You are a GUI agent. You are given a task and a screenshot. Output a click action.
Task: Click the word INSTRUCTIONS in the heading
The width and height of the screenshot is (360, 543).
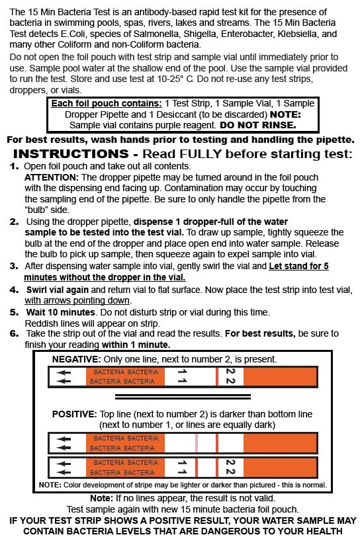click(x=71, y=153)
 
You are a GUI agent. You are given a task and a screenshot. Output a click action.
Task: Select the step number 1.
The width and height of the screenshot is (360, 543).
click(x=14, y=166)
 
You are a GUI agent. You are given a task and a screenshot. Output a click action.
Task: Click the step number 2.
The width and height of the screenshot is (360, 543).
click(x=14, y=222)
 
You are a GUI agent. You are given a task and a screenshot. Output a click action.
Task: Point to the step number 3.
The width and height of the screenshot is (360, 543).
click(x=14, y=266)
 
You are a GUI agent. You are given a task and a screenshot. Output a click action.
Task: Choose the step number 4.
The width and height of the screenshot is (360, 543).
click(x=14, y=290)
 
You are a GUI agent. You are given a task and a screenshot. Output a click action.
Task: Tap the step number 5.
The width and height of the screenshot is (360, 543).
click(x=14, y=312)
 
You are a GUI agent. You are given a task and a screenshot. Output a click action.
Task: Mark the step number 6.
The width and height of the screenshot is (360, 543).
click(x=14, y=333)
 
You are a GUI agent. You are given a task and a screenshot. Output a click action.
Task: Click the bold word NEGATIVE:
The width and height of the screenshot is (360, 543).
click(x=76, y=359)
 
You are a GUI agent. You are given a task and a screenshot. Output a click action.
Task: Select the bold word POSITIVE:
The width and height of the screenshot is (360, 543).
click(x=75, y=414)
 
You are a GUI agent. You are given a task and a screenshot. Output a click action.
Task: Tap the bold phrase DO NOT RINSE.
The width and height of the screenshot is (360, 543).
click(x=258, y=125)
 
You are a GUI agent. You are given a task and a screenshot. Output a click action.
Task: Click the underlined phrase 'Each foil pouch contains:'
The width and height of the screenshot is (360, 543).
click(x=107, y=104)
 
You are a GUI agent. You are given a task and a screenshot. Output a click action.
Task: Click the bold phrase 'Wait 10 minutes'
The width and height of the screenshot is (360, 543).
click(x=61, y=312)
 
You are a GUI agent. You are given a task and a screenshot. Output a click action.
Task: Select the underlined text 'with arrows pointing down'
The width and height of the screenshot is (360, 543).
click(x=77, y=300)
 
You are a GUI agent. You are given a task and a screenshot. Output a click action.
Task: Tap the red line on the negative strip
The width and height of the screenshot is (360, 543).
click(x=217, y=376)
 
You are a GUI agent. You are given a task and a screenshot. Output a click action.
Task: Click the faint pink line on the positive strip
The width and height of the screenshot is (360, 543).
click(x=197, y=443)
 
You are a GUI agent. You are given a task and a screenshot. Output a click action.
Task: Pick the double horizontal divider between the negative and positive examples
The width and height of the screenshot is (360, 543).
click(x=183, y=397)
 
